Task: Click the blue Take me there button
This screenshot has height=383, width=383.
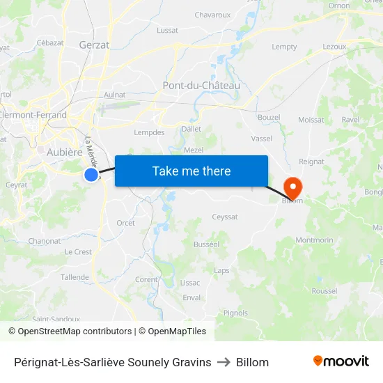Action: click(x=191, y=171)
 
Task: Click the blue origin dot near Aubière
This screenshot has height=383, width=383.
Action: click(x=91, y=175)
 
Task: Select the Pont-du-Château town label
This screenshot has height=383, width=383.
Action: click(x=201, y=86)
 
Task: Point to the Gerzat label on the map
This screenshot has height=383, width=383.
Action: click(x=95, y=45)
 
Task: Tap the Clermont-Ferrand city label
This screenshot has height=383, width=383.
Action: click(x=33, y=116)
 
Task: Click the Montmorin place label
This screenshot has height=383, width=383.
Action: click(x=315, y=240)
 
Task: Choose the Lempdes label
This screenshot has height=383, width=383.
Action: click(x=148, y=132)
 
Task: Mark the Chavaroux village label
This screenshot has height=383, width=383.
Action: click(x=212, y=15)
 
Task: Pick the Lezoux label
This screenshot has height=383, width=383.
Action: click(x=334, y=47)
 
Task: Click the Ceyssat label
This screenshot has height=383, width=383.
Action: click(x=225, y=217)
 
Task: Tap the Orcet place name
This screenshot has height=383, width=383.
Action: click(x=126, y=223)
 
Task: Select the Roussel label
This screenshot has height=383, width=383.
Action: click(x=325, y=291)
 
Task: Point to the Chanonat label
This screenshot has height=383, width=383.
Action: click(x=45, y=241)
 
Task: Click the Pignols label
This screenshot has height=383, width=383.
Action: click(x=235, y=313)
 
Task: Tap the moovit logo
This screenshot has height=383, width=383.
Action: click(x=341, y=361)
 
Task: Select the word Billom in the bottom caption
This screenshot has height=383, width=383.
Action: click(x=252, y=362)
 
